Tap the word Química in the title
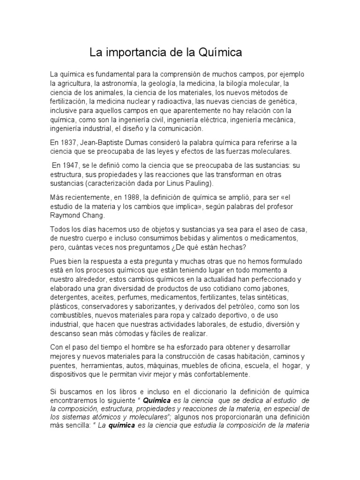[x=218, y=52]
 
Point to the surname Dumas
[x=145, y=142]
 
